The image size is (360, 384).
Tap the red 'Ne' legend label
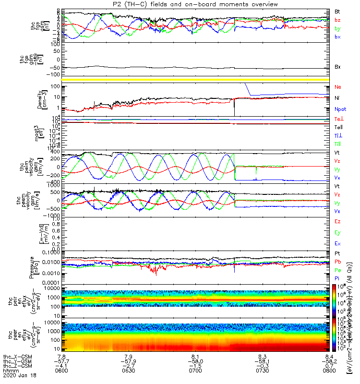(x=337, y=87)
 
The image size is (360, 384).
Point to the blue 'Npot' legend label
(x=340, y=109)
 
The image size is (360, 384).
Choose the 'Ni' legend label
(x=337, y=98)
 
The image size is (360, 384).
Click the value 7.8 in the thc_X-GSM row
(x=61, y=356)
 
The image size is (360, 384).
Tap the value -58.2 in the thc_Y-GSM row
(x=329, y=361)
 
